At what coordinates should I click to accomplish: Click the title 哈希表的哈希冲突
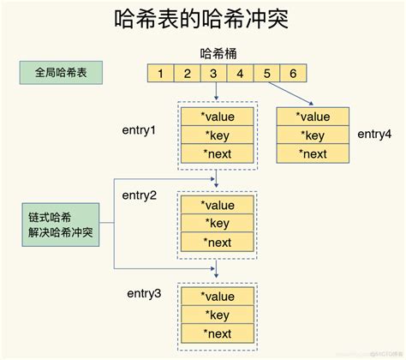point(203,21)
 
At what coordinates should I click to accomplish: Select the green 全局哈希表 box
point(60,74)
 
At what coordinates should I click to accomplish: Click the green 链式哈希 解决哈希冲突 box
point(60,227)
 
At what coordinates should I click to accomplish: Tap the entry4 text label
point(373,135)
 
